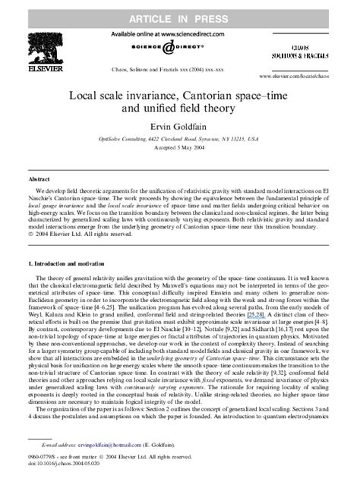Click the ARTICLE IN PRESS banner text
coord(180,12)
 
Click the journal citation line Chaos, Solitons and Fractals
coord(180,68)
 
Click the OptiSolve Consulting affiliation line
coord(180,140)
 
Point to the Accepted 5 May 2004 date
coord(180,150)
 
